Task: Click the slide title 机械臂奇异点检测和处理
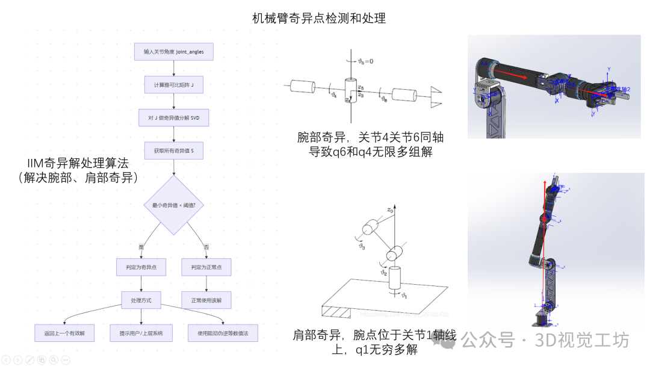[x=319, y=19]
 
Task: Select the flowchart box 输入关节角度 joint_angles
[x=173, y=52]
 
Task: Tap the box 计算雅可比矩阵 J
[x=173, y=85]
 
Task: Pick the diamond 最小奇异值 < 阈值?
[x=173, y=205]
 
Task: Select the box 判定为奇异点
[x=141, y=267]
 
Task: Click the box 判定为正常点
[x=206, y=267]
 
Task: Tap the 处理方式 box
[x=141, y=300]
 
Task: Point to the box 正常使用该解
[x=206, y=300]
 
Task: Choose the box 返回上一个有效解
[x=65, y=333]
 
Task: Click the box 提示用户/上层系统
[x=141, y=333]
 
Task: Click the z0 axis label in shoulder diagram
[x=390, y=210]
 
